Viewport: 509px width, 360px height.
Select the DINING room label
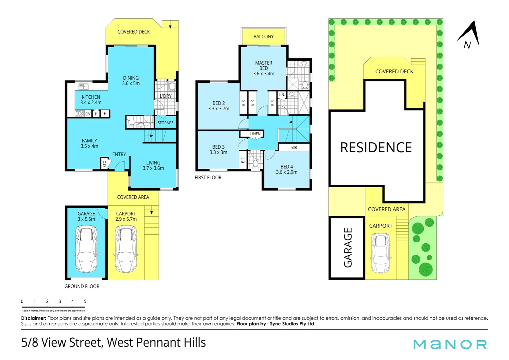click(131, 81)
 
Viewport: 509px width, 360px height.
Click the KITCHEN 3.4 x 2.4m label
click(91, 100)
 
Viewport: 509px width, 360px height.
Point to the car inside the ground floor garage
click(86, 249)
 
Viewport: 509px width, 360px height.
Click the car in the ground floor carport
click(126, 249)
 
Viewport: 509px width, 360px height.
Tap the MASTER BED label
click(263, 68)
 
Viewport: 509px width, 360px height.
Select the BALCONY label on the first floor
click(263, 36)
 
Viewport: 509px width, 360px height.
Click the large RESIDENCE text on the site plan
click(376, 147)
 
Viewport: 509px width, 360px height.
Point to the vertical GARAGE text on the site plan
click(348, 248)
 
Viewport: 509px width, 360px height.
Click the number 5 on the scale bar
click(85, 301)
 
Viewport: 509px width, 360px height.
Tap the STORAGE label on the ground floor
click(166, 123)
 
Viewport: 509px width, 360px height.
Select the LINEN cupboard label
click(255, 134)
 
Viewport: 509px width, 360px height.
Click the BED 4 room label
click(286, 169)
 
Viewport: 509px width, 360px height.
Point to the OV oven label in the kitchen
click(88, 114)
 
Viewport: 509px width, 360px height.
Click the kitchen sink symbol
click(84, 87)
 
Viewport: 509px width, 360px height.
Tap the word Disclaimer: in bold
click(34, 318)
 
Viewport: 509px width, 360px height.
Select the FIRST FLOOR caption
click(208, 177)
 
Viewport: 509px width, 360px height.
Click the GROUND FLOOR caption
click(82, 286)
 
